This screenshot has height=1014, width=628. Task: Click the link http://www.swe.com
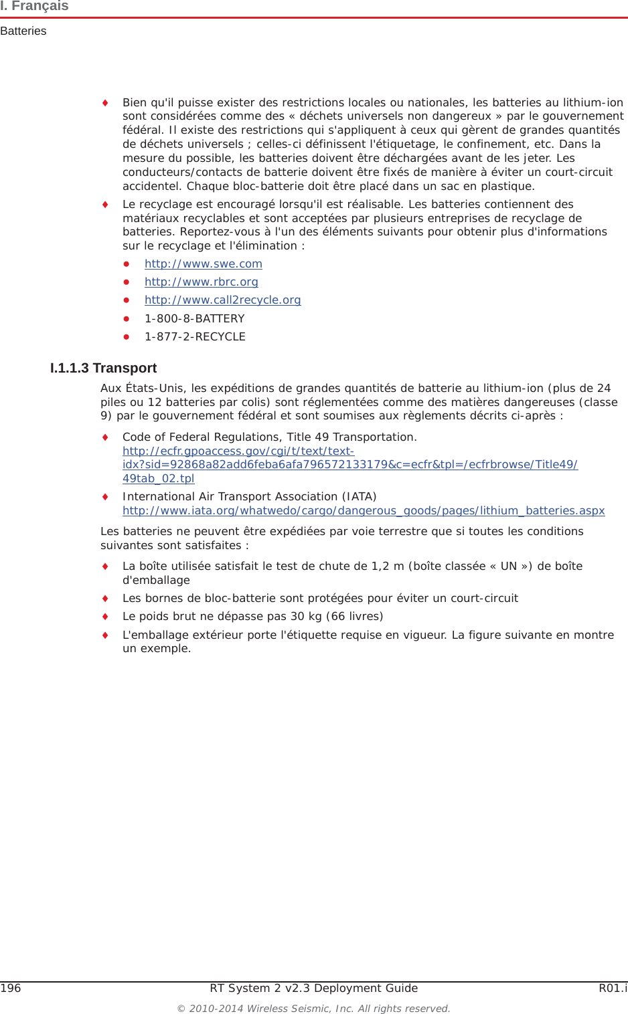[203, 264]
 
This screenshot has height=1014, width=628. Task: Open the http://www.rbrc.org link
[201, 282]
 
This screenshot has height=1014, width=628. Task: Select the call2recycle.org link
[222, 300]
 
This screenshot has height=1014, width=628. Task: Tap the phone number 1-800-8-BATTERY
[194, 319]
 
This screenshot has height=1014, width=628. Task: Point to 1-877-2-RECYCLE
[195, 337]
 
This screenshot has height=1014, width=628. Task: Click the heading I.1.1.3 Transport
[103, 369]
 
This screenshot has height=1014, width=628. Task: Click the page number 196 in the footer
[11, 989]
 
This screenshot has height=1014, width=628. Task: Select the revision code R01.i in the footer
[613, 989]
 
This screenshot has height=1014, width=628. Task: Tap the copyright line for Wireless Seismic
[313, 1009]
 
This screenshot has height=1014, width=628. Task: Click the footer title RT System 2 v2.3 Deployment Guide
[313, 989]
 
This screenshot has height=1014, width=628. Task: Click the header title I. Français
[35, 6]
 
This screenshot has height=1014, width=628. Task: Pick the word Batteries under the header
[23, 31]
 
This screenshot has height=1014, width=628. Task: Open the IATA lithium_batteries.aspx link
[364, 511]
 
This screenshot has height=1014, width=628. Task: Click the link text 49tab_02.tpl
[158, 479]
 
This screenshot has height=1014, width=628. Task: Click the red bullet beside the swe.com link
[126, 264]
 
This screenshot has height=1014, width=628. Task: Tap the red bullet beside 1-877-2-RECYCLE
[126, 337]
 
